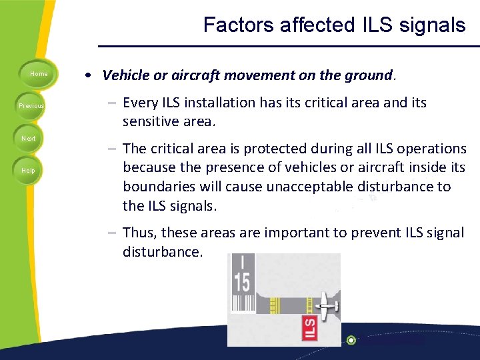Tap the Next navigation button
[28, 138]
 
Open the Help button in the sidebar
[28, 170]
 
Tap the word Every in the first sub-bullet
[140, 103]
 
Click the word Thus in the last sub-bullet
[137, 233]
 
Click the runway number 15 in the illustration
[241, 281]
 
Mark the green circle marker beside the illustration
[351, 340]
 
